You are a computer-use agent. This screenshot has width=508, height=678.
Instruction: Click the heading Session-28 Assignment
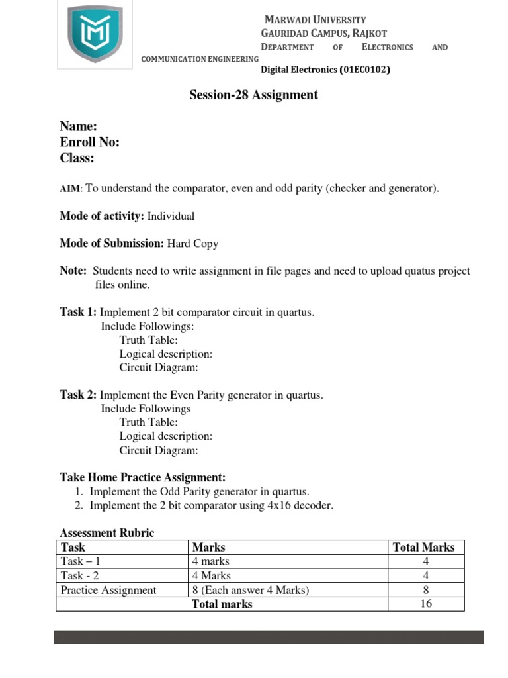click(x=253, y=95)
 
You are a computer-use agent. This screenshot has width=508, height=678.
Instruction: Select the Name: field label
click(x=79, y=126)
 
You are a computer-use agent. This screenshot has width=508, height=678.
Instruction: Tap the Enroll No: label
click(x=89, y=142)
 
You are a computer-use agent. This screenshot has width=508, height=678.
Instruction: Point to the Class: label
click(x=77, y=158)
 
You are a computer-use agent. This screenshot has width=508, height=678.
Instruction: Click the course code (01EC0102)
click(x=364, y=69)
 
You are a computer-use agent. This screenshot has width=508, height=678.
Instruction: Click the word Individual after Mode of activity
click(x=171, y=217)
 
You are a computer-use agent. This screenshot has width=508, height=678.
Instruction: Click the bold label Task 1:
click(x=78, y=313)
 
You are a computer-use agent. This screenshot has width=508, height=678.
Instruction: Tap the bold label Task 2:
click(x=78, y=395)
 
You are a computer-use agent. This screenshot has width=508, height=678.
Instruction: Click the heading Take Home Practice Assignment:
click(x=143, y=477)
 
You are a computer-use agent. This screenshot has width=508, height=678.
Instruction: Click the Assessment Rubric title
click(x=107, y=533)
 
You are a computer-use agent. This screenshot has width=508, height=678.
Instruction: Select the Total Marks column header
click(x=424, y=548)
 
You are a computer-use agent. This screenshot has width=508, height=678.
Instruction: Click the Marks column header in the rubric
click(x=208, y=548)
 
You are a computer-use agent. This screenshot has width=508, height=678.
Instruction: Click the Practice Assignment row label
click(x=108, y=590)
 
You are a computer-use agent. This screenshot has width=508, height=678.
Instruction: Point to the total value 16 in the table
click(x=426, y=604)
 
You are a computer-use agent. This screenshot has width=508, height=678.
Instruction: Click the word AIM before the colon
click(x=69, y=189)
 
